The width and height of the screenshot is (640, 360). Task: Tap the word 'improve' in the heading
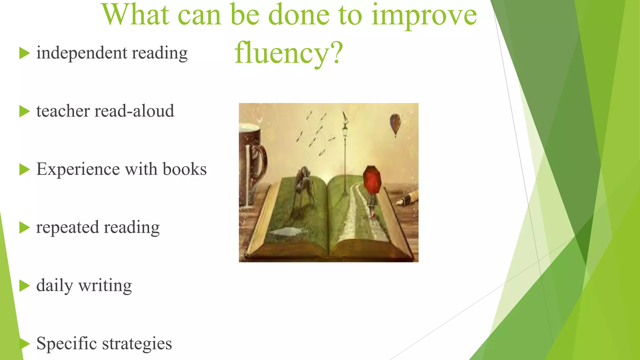424,16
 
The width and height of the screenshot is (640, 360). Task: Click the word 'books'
184,169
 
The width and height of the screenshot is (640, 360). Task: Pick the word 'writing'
105,286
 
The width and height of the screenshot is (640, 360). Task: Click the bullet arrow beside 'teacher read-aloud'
24,111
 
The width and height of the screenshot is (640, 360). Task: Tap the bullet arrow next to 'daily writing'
24,286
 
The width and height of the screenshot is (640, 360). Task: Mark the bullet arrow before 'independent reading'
24,53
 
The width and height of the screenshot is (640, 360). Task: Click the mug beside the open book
252,162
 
